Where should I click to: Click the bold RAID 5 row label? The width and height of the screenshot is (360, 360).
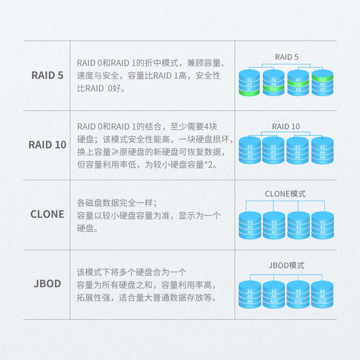47,75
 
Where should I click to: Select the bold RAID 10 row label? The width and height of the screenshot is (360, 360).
47,145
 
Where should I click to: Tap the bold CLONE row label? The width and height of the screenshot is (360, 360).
47,214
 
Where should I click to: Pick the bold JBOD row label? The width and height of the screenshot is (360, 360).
47,283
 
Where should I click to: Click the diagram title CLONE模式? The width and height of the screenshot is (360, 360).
285,194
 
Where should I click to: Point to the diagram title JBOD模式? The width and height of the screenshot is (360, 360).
286,265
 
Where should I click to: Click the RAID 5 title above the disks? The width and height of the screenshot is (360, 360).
286,57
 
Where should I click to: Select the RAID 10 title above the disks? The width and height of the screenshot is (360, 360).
286,127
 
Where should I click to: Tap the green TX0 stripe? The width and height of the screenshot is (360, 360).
322,80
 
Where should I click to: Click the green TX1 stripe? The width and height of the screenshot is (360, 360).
298,85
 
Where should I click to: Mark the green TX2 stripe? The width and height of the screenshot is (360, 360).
273,89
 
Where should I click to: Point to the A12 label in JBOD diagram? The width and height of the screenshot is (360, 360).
322,301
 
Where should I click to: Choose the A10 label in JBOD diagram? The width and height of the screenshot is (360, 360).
274,301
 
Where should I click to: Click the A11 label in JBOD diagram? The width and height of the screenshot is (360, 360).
298,301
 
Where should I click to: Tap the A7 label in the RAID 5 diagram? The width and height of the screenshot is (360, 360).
249,89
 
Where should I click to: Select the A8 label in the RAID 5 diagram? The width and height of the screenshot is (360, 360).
298,89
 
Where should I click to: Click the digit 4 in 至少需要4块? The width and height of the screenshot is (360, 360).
206,127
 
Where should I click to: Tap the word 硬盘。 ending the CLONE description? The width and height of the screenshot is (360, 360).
87,228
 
